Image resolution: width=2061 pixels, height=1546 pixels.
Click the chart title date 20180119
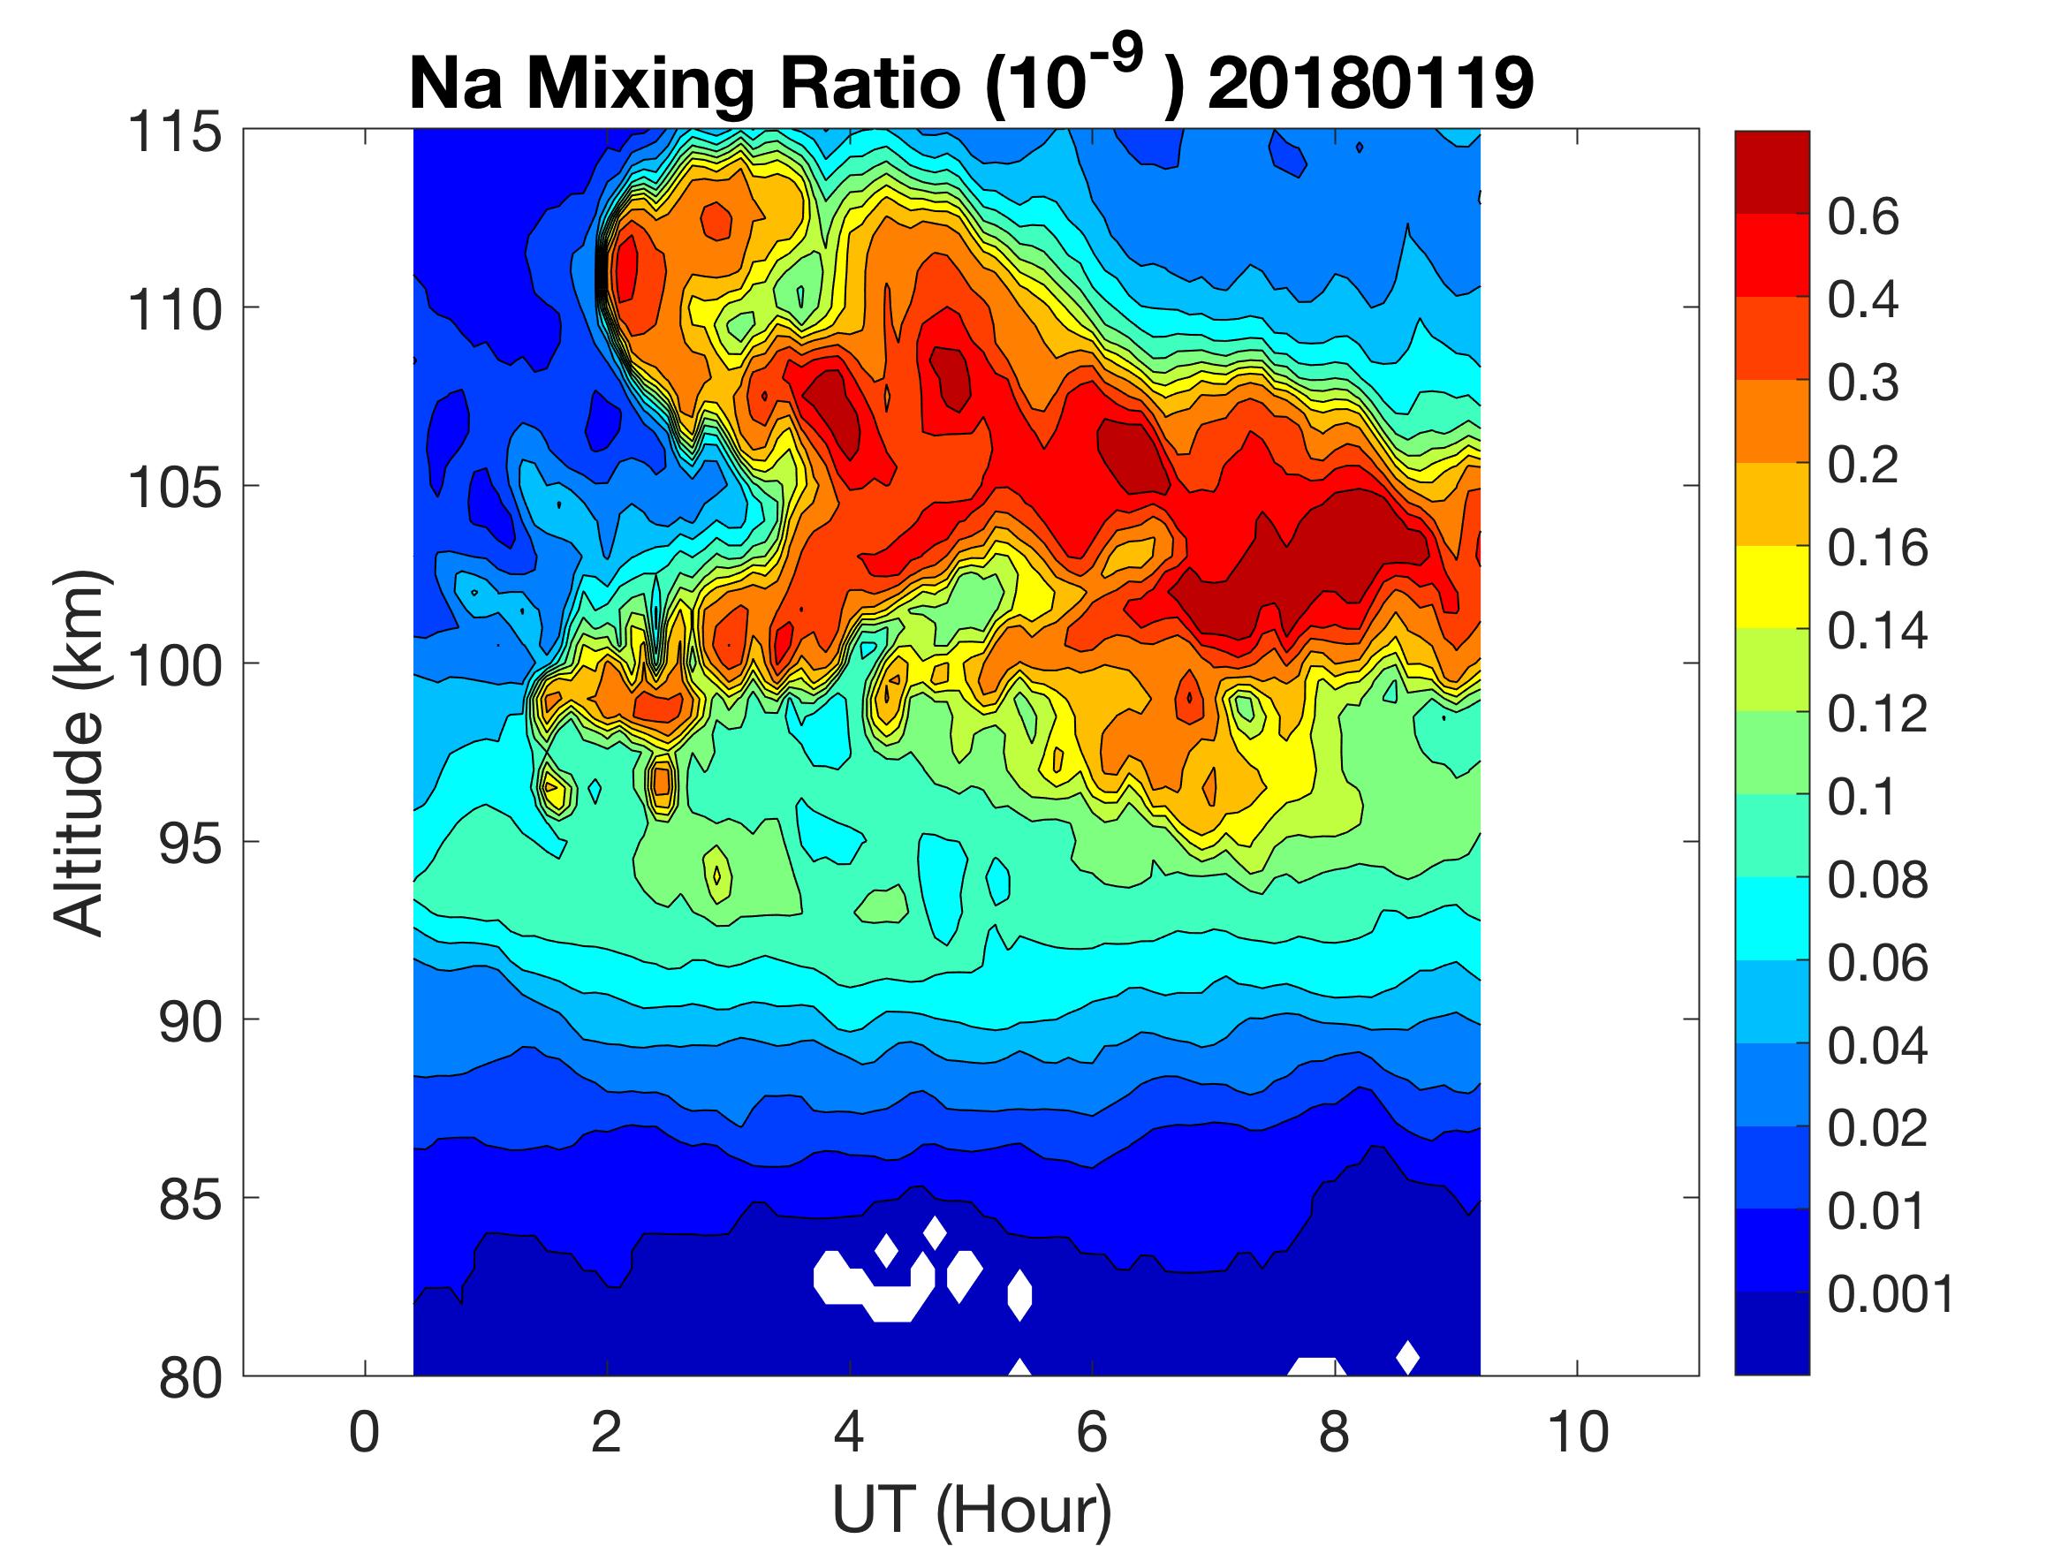1369,84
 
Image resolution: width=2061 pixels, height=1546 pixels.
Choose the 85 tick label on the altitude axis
190,1200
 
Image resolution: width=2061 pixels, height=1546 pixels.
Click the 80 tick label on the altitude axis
190,1377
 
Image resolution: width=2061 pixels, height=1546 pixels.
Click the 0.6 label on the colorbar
1862,217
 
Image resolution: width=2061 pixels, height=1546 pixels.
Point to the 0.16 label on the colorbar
1876,548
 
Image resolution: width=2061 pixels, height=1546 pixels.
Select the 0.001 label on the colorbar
1891,1293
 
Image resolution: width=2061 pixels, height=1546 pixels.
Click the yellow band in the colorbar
1771,587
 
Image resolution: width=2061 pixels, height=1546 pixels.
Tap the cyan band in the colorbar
1771,918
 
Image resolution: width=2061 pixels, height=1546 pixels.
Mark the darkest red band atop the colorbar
1771,172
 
